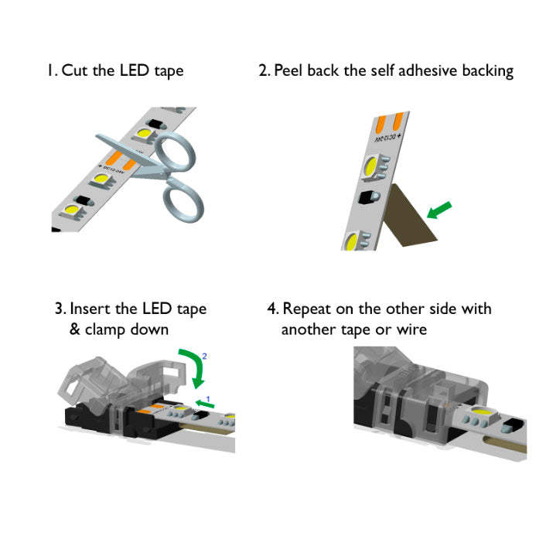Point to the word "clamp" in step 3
107,329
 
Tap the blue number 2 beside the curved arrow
205,356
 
